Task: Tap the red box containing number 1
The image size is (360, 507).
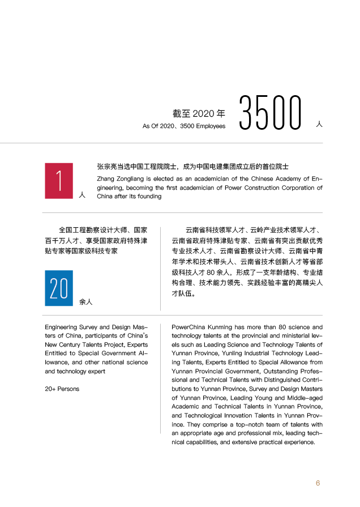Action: pyautogui.click(x=59, y=181)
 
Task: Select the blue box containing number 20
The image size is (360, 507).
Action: pyautogui.click(x=59, y=288)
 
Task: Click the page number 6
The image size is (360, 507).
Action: pyautogui.click(x=318, y=483)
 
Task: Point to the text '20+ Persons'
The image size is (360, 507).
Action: pyautogui.click(x=62, y=389)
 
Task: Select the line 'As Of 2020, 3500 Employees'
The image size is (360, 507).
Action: pyautogui.click(x=184, y=126)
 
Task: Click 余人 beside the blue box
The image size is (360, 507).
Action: pyautogui.click(x=86, y=302)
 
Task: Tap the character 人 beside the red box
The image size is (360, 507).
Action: pyautogui.click(x=82, y=195)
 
